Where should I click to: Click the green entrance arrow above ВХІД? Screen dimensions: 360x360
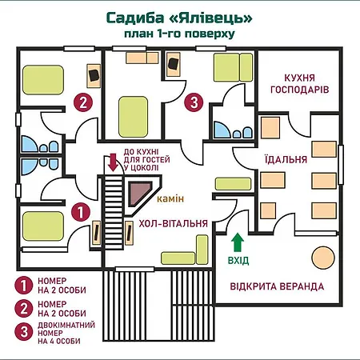point(237,242)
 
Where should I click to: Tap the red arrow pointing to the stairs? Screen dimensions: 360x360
point(114,162)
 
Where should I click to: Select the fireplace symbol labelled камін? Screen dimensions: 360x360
point(141,194)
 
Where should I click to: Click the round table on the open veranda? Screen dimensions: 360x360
point(323,258)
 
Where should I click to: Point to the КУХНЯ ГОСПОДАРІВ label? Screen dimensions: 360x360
point(300,83)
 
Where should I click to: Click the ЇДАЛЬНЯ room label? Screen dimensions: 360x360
point(286,159)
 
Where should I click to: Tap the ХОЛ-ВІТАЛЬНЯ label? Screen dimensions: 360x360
point(174,223)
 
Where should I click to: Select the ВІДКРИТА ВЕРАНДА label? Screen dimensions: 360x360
point(277,286)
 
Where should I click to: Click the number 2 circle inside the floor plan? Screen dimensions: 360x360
point(83,102)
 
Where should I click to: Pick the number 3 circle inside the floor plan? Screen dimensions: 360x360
point(194,102)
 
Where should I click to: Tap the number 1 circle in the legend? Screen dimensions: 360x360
point(24,285)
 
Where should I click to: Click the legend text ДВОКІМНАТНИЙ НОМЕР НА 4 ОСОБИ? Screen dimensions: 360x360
point(66,333)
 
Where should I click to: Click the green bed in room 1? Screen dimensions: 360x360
point(43,226)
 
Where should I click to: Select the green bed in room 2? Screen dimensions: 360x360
point(43,80)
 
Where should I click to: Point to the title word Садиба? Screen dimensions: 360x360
point(135,18)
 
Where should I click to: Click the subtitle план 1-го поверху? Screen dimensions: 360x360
point(179,34)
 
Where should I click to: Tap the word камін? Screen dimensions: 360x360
point(170,199)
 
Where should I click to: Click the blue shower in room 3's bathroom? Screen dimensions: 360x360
point(222,130)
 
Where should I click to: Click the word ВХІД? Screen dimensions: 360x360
point(238,261)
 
